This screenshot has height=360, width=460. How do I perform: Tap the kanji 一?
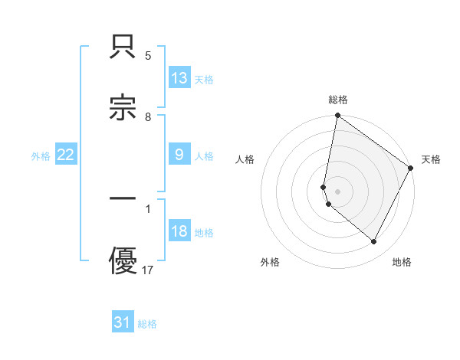click(123, 198)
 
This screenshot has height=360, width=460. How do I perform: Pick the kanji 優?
click(123, 260)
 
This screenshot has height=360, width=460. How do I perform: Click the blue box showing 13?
click(179, 78)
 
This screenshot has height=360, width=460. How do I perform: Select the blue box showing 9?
click(179, 155)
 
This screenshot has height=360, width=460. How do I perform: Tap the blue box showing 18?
click(179, 232)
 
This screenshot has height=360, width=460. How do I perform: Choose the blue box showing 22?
click(66, 155)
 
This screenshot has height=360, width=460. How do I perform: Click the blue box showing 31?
click(123, 322)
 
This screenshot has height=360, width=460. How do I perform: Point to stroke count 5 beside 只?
click(148, 56)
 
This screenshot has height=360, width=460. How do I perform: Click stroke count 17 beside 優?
click(148, 270)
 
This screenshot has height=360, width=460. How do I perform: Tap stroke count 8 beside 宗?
click(148, 117)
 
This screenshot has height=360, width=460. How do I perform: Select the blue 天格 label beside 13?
click(204, 79)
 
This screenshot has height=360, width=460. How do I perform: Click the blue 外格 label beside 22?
click(41, 155)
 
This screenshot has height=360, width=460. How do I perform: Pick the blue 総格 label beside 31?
click(147, 323)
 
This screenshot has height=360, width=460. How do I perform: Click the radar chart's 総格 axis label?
click(338, 100)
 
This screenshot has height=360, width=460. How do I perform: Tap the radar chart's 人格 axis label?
click(245, 159)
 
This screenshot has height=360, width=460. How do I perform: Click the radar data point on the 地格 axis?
click(374, 241)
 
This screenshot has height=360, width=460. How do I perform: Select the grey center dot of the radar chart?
click(338, 191)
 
